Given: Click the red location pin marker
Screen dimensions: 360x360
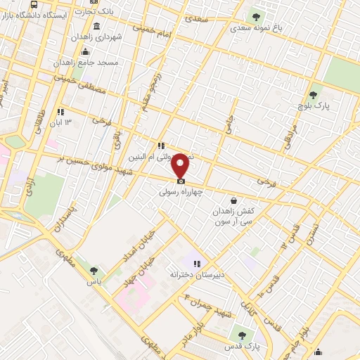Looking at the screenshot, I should (181, 164).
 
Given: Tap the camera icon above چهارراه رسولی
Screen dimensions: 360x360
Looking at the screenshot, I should (181, 181).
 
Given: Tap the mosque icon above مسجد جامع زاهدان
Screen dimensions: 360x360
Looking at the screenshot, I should (85, 51).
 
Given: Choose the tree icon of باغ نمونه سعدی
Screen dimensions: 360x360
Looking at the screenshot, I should (255, 15).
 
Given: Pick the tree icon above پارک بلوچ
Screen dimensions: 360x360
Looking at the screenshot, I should (314, 94).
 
